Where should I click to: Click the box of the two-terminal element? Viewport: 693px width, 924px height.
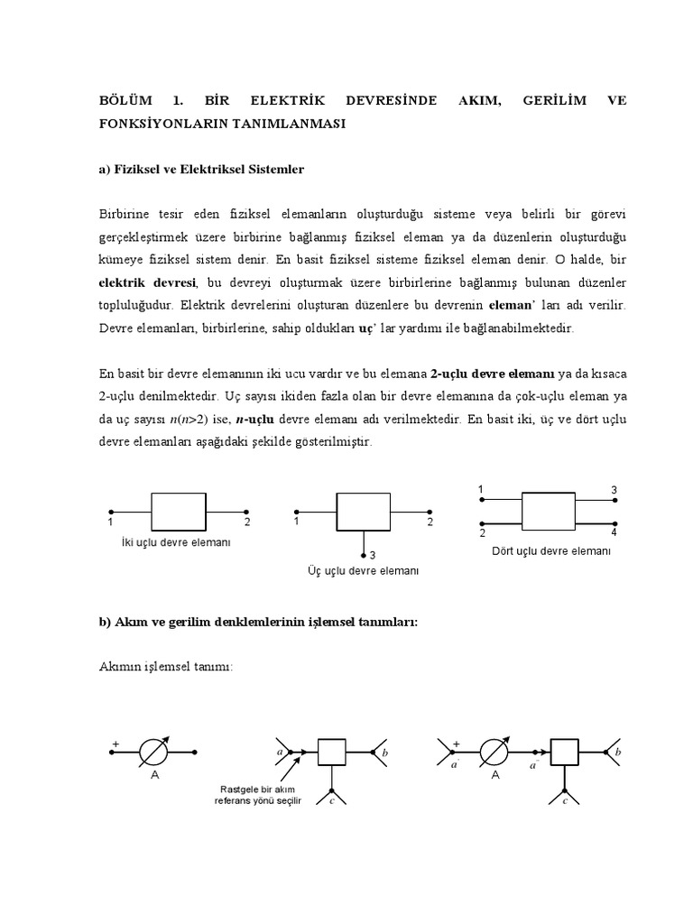click(x=179, y=511)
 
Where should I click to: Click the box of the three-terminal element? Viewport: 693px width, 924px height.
click(x=363, y=513)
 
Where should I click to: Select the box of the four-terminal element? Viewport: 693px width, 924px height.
click(x=549, y=510)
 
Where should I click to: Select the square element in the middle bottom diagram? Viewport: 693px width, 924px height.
click(x=332, y=751)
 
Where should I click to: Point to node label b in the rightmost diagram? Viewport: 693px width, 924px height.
click(x=618, y=751)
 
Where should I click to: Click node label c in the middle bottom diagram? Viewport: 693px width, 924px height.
click(x=333, y=800)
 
